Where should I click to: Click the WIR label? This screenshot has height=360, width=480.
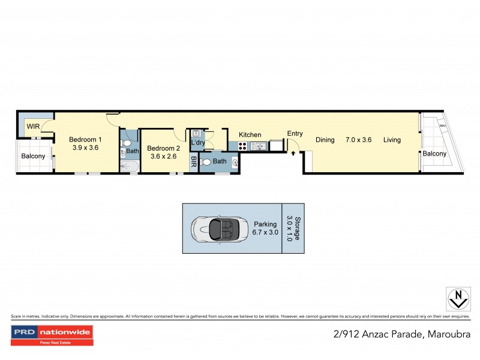click(32, 127)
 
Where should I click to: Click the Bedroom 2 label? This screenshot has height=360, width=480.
click(163, 148)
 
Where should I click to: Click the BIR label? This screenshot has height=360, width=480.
click(194, 161)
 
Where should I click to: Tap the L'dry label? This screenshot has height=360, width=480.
click(198, 143)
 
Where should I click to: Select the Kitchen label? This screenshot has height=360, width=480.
click(250, 135)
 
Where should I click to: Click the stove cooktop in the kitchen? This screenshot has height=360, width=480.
click(242, 145)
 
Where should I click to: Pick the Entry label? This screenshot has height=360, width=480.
click(295, 134)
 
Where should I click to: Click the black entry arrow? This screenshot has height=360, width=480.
click(293, 153)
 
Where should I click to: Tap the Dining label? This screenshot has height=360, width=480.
click(325, 140)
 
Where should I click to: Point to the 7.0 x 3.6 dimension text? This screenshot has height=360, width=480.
click(359, 140)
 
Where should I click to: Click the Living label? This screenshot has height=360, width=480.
click(392, 140)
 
